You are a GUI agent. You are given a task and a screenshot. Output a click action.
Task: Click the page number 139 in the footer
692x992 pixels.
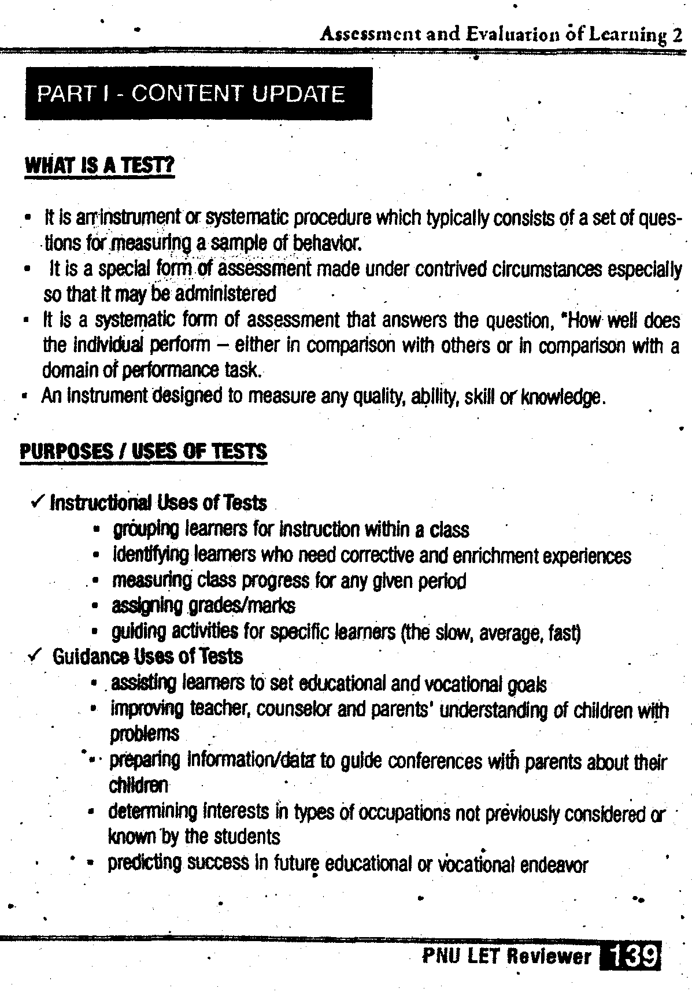631,956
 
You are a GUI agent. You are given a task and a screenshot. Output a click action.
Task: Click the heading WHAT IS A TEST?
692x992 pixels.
99,166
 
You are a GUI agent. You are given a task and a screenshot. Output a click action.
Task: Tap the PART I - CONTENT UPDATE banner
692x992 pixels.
198,94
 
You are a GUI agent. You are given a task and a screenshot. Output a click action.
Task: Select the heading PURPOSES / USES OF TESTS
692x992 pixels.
143,451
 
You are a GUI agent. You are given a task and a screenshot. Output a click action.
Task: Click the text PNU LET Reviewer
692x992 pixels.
507,956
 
